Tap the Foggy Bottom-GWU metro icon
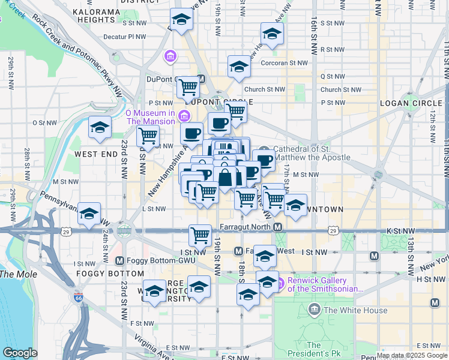pyautogui.click(x=119, y=260)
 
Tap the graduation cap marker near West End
pyautogui.click(x=100, y=127)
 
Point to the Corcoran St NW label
pyautogui.click(x=284, y=62)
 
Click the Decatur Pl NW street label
pyautogui.click(x=125, y=37)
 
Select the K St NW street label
pyautogui.click(x=401, y=230)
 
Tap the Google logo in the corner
pyautogui.click(x=20, y=353)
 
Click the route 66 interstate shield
pyautogui.click(x=78, y=296)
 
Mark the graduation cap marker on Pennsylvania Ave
pyautogui.click(x=89, y=213)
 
